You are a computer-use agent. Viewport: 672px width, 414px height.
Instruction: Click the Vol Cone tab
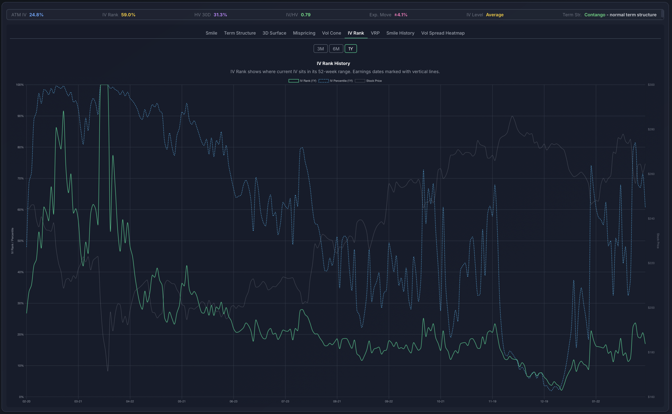pyautogui.click(x=331, y=33)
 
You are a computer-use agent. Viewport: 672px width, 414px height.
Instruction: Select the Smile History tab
pyautogui.click(x=400, y=33)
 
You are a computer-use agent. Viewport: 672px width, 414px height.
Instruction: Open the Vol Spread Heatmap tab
pyautogui.click(x=442, y=33)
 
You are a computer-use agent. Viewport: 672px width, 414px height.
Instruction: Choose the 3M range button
pyautogui.click(x=320, y=49)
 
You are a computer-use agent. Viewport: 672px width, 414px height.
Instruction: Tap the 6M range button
pyautogui.click(x=336, y=49)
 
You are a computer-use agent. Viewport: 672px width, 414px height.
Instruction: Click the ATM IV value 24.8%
pyautogui.click(x=36, y=15)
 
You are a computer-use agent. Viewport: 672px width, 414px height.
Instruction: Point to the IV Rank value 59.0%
pyautogui.click(x=128, y=15)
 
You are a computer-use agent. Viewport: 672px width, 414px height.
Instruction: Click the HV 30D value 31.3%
pyautogui.click(x=220, y=15)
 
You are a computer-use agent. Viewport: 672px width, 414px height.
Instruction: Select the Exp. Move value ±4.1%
pyautogui.click(x=401, y=15)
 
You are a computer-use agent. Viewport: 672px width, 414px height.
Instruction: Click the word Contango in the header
pyautogui.click(x=594, y=15)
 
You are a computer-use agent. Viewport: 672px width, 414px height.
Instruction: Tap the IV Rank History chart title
pyautogui.click(x=333, y=63)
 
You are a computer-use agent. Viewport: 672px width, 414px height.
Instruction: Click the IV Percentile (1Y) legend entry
pyautogui.click(x=336, y=81)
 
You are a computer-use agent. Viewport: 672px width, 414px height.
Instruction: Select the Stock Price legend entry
pyautogui.click(x=368, y=81)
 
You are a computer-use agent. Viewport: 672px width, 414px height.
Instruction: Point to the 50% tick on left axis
pyautogui.click(x=20, y=241)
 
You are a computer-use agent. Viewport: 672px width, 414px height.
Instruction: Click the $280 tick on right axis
pyautogui.click(x=651, y=129)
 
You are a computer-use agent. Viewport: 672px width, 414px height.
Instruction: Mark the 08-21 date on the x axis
pyautogui.click(x=337, y=401)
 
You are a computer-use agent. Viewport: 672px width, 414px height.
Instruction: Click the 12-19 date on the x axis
pyautogui.click(x=544, y=401)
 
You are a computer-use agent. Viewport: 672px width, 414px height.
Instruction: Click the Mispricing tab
pyautogui.click(x=304, y=33)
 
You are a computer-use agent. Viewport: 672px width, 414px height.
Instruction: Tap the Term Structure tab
pyautogui.click(x=240, y=33)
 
